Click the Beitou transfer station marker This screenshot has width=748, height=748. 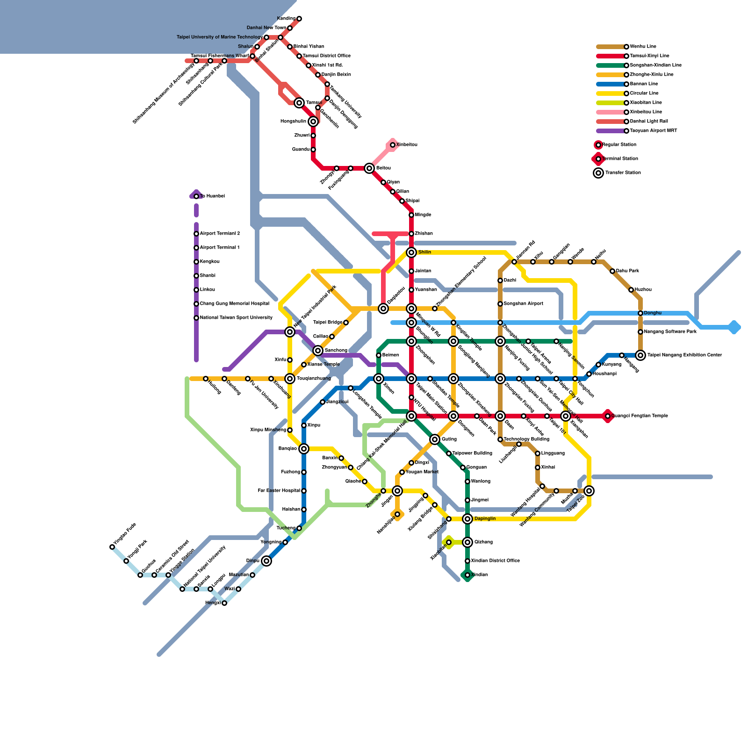[369, 168]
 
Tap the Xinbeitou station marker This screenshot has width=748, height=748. [393, 145]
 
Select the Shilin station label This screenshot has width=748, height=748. [424, 252]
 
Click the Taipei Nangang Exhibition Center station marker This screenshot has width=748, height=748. [640, 355]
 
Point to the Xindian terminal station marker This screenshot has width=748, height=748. [467, 575]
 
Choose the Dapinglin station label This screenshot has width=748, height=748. [485, 519]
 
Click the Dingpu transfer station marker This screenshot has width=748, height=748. [266, 561]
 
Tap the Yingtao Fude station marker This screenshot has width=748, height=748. [112, 547]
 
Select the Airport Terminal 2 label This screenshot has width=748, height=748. [220, 234]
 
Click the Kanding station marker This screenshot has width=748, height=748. [299, 19]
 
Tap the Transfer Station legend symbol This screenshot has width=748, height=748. [598, 173]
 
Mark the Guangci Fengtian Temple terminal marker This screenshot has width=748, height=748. [608, 416]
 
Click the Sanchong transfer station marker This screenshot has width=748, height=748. [318, 351]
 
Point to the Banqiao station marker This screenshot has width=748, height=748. [304, 449]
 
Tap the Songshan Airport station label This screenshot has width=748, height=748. [523, 304]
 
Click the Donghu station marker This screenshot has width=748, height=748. [640, 313]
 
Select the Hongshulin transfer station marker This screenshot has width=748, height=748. [313, 122]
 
